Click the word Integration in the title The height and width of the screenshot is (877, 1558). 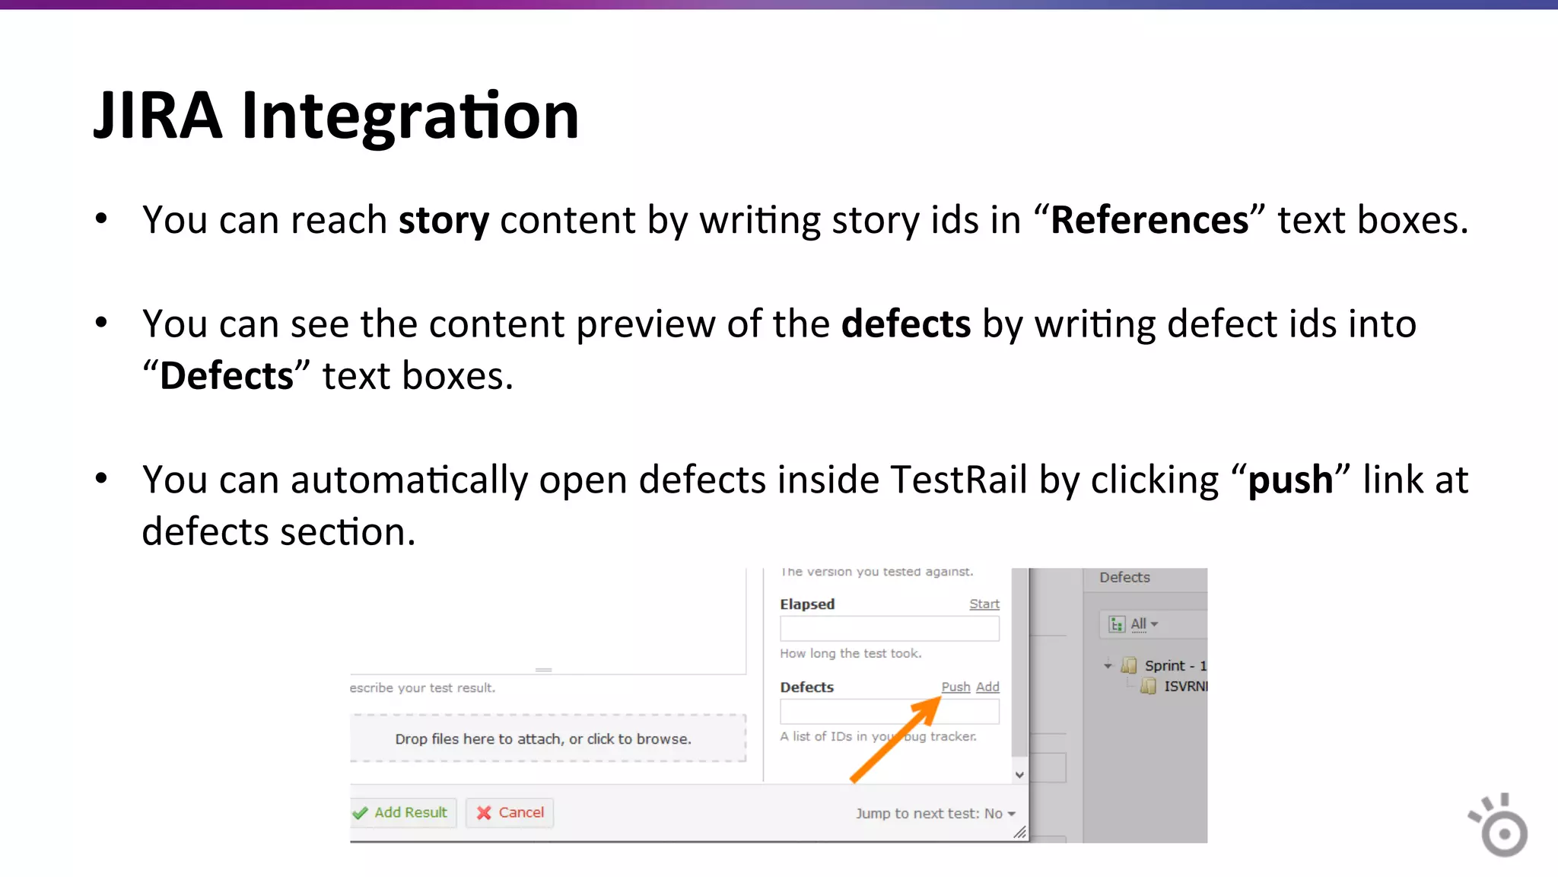(x=410, y=116)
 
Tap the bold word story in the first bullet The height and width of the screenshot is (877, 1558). (x=444, y=221)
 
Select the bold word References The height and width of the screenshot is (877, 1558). (x=1149, y=221)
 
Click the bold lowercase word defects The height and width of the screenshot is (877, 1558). (x=905, y=324)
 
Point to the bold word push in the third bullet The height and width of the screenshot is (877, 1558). (x=1290, y=480)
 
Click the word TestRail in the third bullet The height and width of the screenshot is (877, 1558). (x=958, y=480)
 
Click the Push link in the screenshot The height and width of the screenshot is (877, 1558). (x=955, y=687)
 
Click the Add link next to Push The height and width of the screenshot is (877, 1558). (x=987, y=687)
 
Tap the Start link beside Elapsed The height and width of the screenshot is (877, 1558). (x=984, y=604)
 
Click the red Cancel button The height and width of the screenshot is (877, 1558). (x=510, y=813)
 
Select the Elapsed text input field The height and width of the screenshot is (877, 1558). (x=889, y=629)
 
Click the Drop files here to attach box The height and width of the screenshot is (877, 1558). (x=543, y=738)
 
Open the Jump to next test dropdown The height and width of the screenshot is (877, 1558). (x=936, y=814)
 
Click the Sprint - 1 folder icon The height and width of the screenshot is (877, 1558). (x=1129, y=666)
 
